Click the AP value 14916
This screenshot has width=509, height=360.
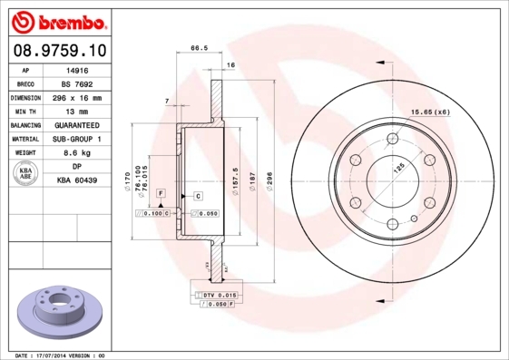pos(77,69)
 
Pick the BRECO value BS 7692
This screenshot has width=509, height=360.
pos(77,83)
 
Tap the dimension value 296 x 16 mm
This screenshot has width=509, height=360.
pos(77,97)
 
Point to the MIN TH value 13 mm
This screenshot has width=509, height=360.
pos(77,111)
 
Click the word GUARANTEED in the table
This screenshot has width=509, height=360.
pos(77,125)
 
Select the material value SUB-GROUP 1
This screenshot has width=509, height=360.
pos(77,139)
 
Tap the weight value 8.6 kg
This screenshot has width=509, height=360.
pos(77,153)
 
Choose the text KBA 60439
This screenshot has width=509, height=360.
pos(77,181)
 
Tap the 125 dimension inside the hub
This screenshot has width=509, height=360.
pos(396,168)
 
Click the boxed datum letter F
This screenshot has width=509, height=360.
pos(161,194)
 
